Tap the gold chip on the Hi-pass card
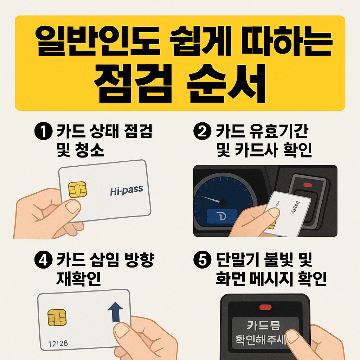point(78,189)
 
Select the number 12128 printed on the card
point(58,342)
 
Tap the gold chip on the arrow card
point(57,318)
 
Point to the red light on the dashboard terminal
point(307,184)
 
